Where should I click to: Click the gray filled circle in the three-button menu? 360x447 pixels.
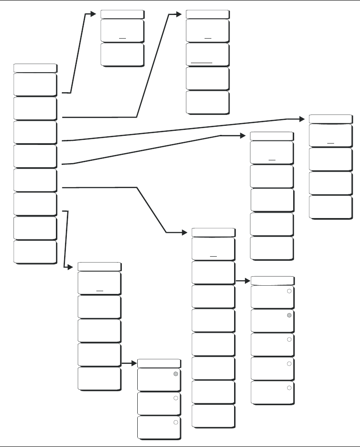click(x=175, y=374)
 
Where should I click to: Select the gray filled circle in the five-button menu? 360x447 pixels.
click(x=289, y=315)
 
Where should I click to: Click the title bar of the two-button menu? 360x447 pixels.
click(x=122, y=13)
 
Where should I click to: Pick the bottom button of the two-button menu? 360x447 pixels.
click(x=122, y=55)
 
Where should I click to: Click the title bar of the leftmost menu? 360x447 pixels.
click(x=35, y=68)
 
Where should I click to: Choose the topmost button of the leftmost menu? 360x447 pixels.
click(x=35, y=84)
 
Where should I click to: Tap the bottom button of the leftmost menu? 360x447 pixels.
click(x=35, y=252)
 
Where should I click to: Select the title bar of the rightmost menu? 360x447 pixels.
click(x=330, y=119)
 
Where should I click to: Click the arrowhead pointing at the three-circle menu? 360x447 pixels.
click(x=134, y=363)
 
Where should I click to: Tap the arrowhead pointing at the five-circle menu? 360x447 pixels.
click(x=248, y=281)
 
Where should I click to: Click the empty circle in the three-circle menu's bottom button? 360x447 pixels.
click(x=175, y=422)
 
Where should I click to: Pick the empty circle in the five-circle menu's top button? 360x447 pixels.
click(x=289, y=291)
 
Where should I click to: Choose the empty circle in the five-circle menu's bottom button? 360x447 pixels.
click(x=289, y=388)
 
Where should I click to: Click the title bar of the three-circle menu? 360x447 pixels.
click(x=159, y=363)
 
